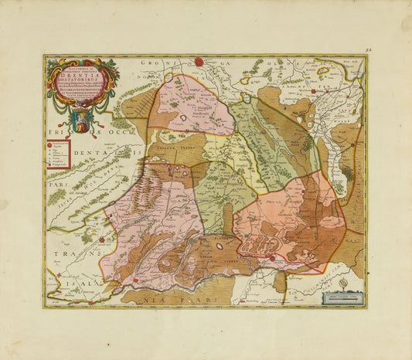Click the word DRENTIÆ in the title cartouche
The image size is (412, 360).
[81, 76]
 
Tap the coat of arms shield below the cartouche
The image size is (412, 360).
[81, 121]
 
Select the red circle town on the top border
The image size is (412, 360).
[199, 61]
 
